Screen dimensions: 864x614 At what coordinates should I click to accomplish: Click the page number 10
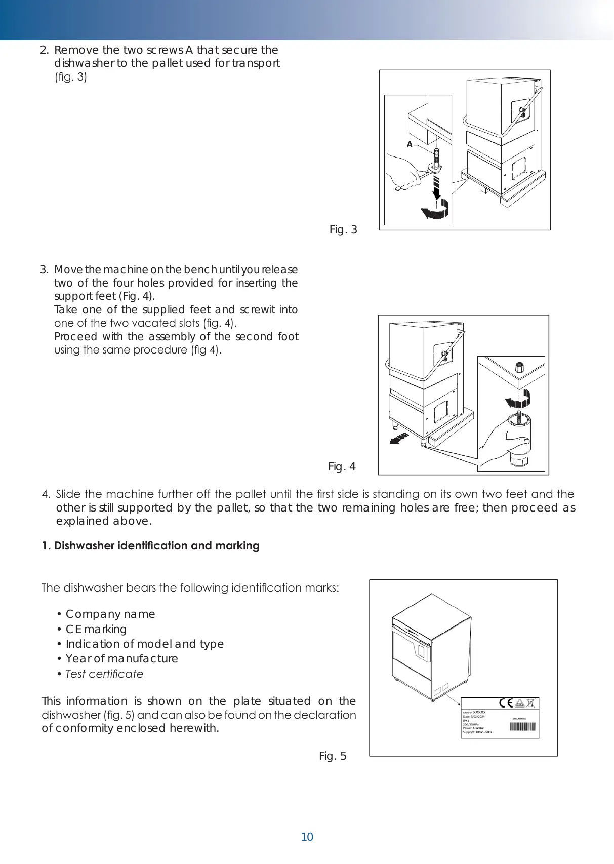tap(307, 837)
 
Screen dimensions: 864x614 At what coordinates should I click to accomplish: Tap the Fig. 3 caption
tap(343, 230)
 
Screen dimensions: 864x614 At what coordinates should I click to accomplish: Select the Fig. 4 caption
tap(342, 466)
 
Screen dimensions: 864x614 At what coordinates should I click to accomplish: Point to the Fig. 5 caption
tap(333, 756)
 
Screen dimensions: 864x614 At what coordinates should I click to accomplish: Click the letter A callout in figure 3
tap(410, 145)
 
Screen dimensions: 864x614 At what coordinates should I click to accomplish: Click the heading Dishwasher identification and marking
tap(151, 545)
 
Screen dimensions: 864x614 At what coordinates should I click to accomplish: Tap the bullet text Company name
tap(110, 614)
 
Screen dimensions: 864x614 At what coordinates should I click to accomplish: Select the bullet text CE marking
tap(96, 629)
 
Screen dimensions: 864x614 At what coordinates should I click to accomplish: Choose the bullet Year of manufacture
tap(121, 658)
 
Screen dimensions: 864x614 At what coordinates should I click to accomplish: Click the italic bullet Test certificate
tap(104, 674)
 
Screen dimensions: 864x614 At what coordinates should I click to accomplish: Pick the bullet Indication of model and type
tap(145, 644)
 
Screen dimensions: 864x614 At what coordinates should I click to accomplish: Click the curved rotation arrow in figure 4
tap(518, 398)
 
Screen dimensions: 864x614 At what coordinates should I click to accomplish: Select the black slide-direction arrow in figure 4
tap(398, 439)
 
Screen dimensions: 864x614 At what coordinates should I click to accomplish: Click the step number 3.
tap(44, 269)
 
